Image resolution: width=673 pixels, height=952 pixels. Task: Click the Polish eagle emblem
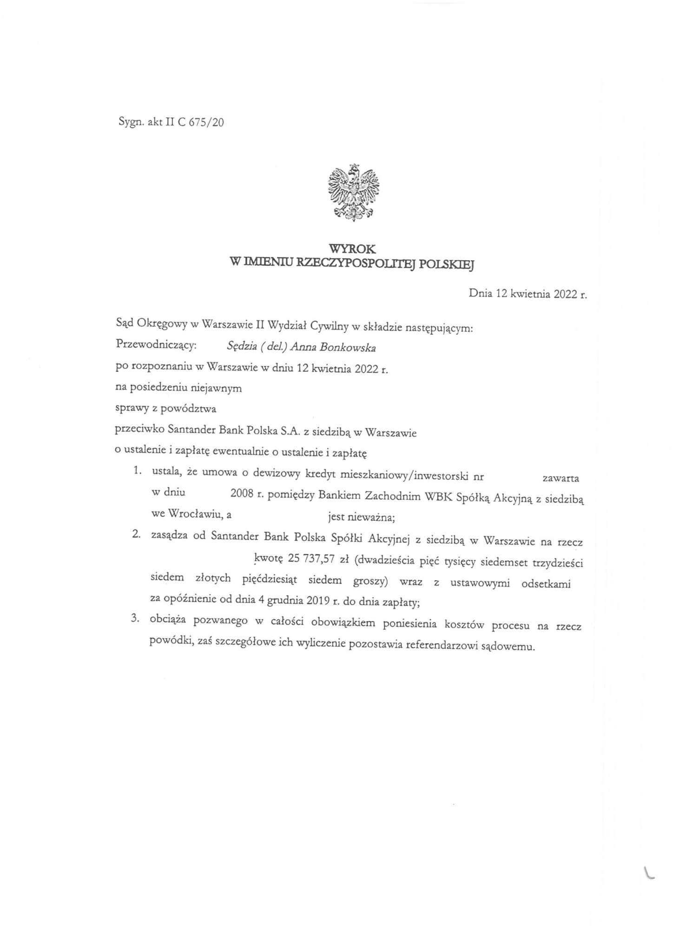[x=353, y=192]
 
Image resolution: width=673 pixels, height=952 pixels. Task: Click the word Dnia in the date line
[x=481, y=293]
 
